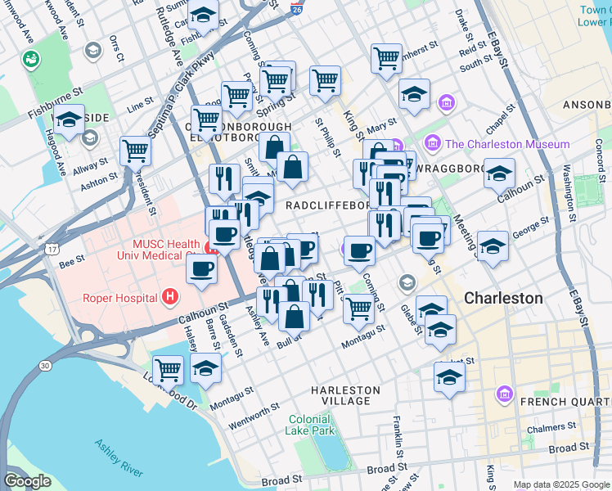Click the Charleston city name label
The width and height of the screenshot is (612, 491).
pyautogui.click(x=503, y=298)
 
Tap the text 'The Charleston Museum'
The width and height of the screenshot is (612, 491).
pyautogui.click(x=507, y=144)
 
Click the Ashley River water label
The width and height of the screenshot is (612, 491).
pyautogui.click(x=119, y=458)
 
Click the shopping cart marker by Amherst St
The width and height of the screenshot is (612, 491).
pyautogui.click(x=386, y=57)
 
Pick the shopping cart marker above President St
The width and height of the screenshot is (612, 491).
pyautogui.click(x=135, y=150)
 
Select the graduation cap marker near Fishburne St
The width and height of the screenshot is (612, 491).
pyautogui.click(x=69, y=119)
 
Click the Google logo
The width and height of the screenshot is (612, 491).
pyautogui.click(x=27, y=481)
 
